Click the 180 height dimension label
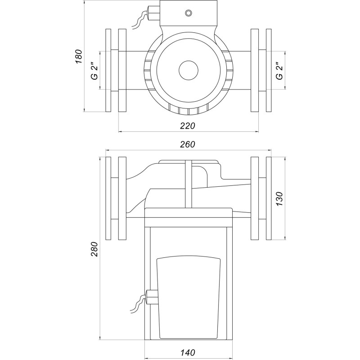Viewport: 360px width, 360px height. click(x=78, y=58)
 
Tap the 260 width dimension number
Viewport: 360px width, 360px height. click(x=187, y=144)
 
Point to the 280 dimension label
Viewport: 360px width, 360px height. click(x=94, y=248)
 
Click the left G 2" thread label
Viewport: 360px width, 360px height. click(x=94, y=71)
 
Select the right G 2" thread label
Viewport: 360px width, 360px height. click(x=279, y=71)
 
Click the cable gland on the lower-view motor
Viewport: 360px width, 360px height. click(x=151, y=297)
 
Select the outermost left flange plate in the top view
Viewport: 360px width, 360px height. click(x=108, y=71)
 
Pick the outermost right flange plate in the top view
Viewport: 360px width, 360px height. click(x=269, y=71)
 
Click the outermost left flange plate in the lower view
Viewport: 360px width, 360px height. click(x=108, y=198)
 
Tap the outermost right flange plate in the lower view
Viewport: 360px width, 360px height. click(x=269, y=198)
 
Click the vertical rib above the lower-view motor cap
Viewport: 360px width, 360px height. click(x=189, y=184)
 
